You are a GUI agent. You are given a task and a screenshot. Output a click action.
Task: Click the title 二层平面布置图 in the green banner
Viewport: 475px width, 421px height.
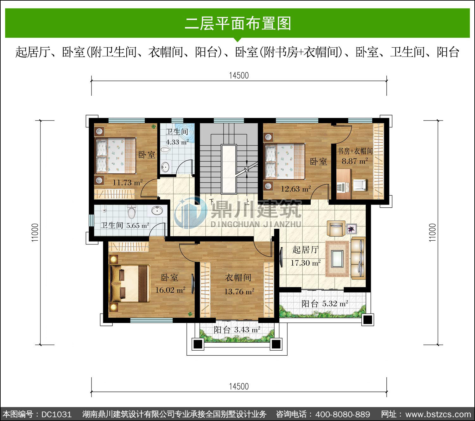238,23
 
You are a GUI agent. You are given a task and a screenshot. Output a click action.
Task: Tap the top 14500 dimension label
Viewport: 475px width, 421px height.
239,75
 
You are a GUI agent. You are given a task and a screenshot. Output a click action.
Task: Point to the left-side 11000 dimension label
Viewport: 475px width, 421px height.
35,233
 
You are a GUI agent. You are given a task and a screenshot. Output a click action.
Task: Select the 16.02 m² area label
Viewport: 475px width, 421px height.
170,290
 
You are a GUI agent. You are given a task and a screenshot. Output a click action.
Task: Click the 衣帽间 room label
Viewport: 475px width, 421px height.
238,277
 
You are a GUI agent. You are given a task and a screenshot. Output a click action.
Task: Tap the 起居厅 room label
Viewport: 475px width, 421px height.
305,250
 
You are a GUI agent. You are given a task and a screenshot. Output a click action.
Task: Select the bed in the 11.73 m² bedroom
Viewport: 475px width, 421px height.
115,155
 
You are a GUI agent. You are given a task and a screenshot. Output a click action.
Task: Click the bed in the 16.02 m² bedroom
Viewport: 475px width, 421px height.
130,283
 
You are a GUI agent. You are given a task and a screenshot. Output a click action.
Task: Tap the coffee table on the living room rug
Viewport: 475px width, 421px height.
337,259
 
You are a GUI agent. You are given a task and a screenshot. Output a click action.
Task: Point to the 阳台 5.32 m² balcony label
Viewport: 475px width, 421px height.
325,304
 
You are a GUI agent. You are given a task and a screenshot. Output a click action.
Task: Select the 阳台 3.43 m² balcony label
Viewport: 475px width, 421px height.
237,330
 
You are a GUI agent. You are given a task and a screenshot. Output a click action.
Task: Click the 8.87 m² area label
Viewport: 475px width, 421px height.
354,161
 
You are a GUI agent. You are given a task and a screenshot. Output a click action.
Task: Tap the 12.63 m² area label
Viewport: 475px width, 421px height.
296,189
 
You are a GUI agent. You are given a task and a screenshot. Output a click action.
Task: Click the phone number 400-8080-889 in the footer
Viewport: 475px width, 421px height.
343,414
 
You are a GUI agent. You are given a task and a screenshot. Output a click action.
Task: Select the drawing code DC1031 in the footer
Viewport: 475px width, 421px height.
56,414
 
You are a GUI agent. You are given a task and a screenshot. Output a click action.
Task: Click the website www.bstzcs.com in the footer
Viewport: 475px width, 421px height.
438,414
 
